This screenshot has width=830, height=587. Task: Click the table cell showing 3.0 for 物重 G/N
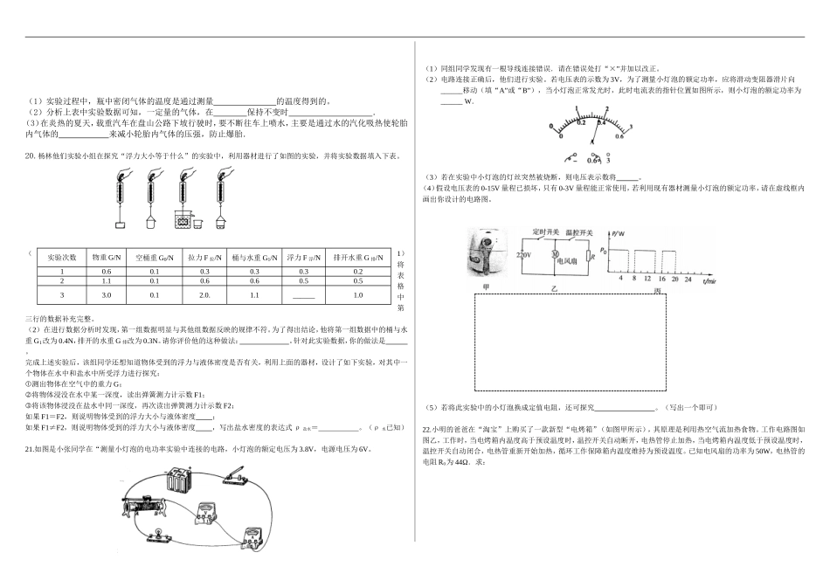coord(106,295)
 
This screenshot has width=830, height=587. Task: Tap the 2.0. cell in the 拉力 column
coord(204,295)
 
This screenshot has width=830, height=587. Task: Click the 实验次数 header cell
coord(62,258)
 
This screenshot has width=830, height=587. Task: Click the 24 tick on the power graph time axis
coord(688,279)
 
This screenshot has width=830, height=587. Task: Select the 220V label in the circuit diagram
coord(522,254)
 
